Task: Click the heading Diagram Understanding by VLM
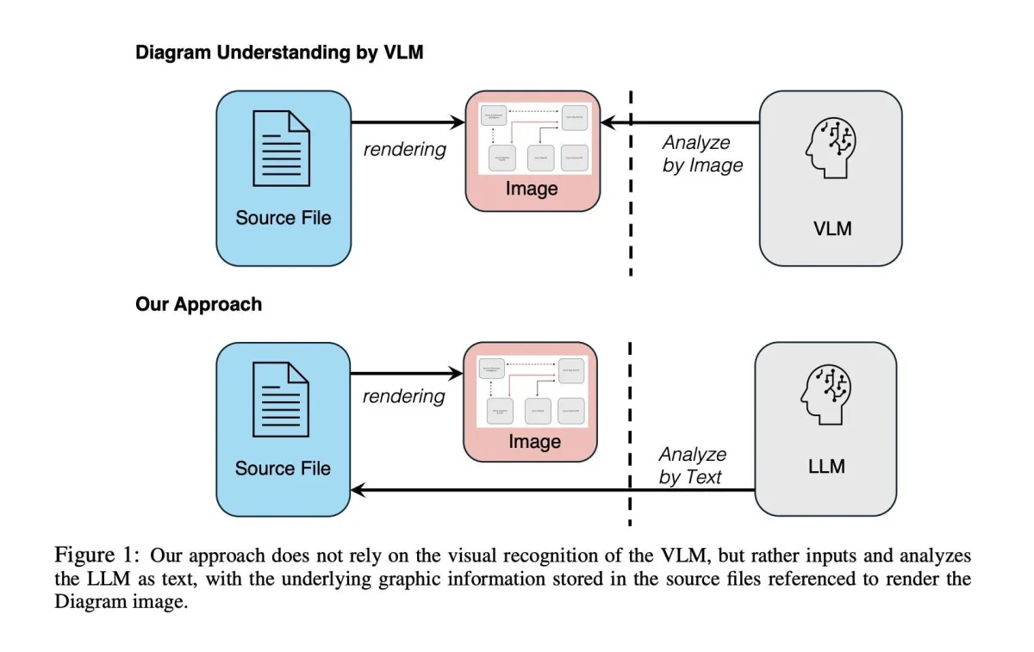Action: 278,53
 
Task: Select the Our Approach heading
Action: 198,304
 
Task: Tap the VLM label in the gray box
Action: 832,229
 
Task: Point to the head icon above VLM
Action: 831,145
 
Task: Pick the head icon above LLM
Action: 826,391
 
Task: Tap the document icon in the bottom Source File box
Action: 281,400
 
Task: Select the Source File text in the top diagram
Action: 283,218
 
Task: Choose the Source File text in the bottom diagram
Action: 283,469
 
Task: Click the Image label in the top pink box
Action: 532,189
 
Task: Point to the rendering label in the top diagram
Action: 405,149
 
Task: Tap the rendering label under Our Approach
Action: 404,396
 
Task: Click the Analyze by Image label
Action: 701,154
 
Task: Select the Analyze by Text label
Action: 692,465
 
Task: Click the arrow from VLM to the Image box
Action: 681,123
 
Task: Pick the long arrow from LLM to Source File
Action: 551,490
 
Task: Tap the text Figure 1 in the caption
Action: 92,554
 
